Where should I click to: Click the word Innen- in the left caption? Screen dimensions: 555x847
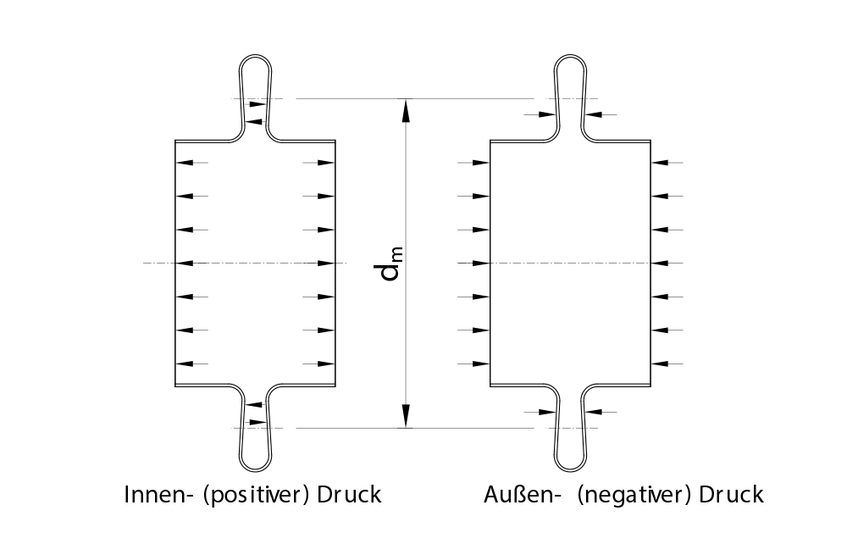155,494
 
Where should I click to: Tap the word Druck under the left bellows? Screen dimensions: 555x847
349,494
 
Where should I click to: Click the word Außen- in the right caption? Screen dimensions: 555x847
519,494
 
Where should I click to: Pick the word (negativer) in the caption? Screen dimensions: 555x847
634,495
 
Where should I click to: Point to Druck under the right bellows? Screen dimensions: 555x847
731,494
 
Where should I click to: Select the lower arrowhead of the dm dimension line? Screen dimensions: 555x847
407,416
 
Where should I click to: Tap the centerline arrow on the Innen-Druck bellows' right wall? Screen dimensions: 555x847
326,264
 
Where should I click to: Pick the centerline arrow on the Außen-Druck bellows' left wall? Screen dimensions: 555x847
481,264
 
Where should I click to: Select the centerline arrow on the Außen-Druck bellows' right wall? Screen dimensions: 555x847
661,264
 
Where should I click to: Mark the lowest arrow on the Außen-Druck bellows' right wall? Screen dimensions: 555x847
661,364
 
